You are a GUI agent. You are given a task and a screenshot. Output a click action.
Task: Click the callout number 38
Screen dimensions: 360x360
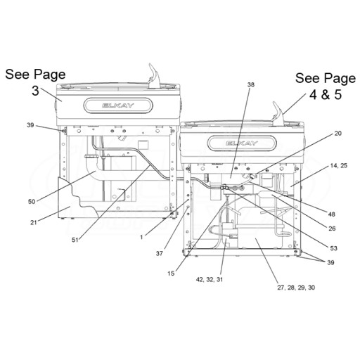click(250, 84)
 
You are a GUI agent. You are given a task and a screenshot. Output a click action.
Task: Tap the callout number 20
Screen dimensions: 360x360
click(337, 134)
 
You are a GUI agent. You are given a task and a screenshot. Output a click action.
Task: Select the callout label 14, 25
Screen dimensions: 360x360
click(339, 165)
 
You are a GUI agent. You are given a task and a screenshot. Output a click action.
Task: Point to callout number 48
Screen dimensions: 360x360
click(332, 214)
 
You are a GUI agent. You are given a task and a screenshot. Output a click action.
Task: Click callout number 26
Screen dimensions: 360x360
click(332, 229)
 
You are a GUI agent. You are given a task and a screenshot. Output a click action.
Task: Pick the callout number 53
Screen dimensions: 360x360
click(333, 248)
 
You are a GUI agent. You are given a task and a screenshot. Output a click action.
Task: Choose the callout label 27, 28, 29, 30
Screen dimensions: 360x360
click(296, 288)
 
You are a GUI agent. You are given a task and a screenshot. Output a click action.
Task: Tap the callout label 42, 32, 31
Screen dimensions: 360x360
click(210, 279)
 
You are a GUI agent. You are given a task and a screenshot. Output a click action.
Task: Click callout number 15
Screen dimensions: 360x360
click(171, 274)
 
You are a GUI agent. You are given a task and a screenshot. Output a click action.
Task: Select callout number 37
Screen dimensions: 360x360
click(160, 253)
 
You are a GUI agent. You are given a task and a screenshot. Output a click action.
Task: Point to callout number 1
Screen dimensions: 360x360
click(141, 238)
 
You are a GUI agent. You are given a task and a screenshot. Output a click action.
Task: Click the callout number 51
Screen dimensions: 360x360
click(75, 240)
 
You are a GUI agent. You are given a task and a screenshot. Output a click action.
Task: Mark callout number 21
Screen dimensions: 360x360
click(34, 222)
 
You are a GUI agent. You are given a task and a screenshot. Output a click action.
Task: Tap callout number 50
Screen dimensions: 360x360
click(32, 202)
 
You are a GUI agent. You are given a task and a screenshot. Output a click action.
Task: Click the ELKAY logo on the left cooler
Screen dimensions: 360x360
click(118, 105)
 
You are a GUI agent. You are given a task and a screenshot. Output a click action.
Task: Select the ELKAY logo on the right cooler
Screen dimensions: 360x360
click(242, 143)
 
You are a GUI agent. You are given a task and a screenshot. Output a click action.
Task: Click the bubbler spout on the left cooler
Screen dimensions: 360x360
click(154, 75)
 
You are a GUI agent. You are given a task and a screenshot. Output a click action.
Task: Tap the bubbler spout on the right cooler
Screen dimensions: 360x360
click(278, 112)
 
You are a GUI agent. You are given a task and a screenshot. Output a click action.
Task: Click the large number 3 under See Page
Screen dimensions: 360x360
click(35, 91)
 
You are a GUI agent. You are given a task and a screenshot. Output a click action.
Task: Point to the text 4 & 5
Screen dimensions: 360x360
click(326, 95)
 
